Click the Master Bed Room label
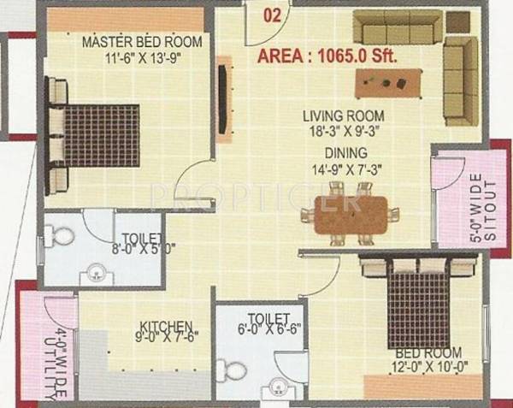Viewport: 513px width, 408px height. point(142,41)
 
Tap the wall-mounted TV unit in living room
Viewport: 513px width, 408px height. point(224,94)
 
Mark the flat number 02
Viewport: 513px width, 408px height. point(272,14)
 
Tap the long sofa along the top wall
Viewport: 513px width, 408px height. point(398,27)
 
